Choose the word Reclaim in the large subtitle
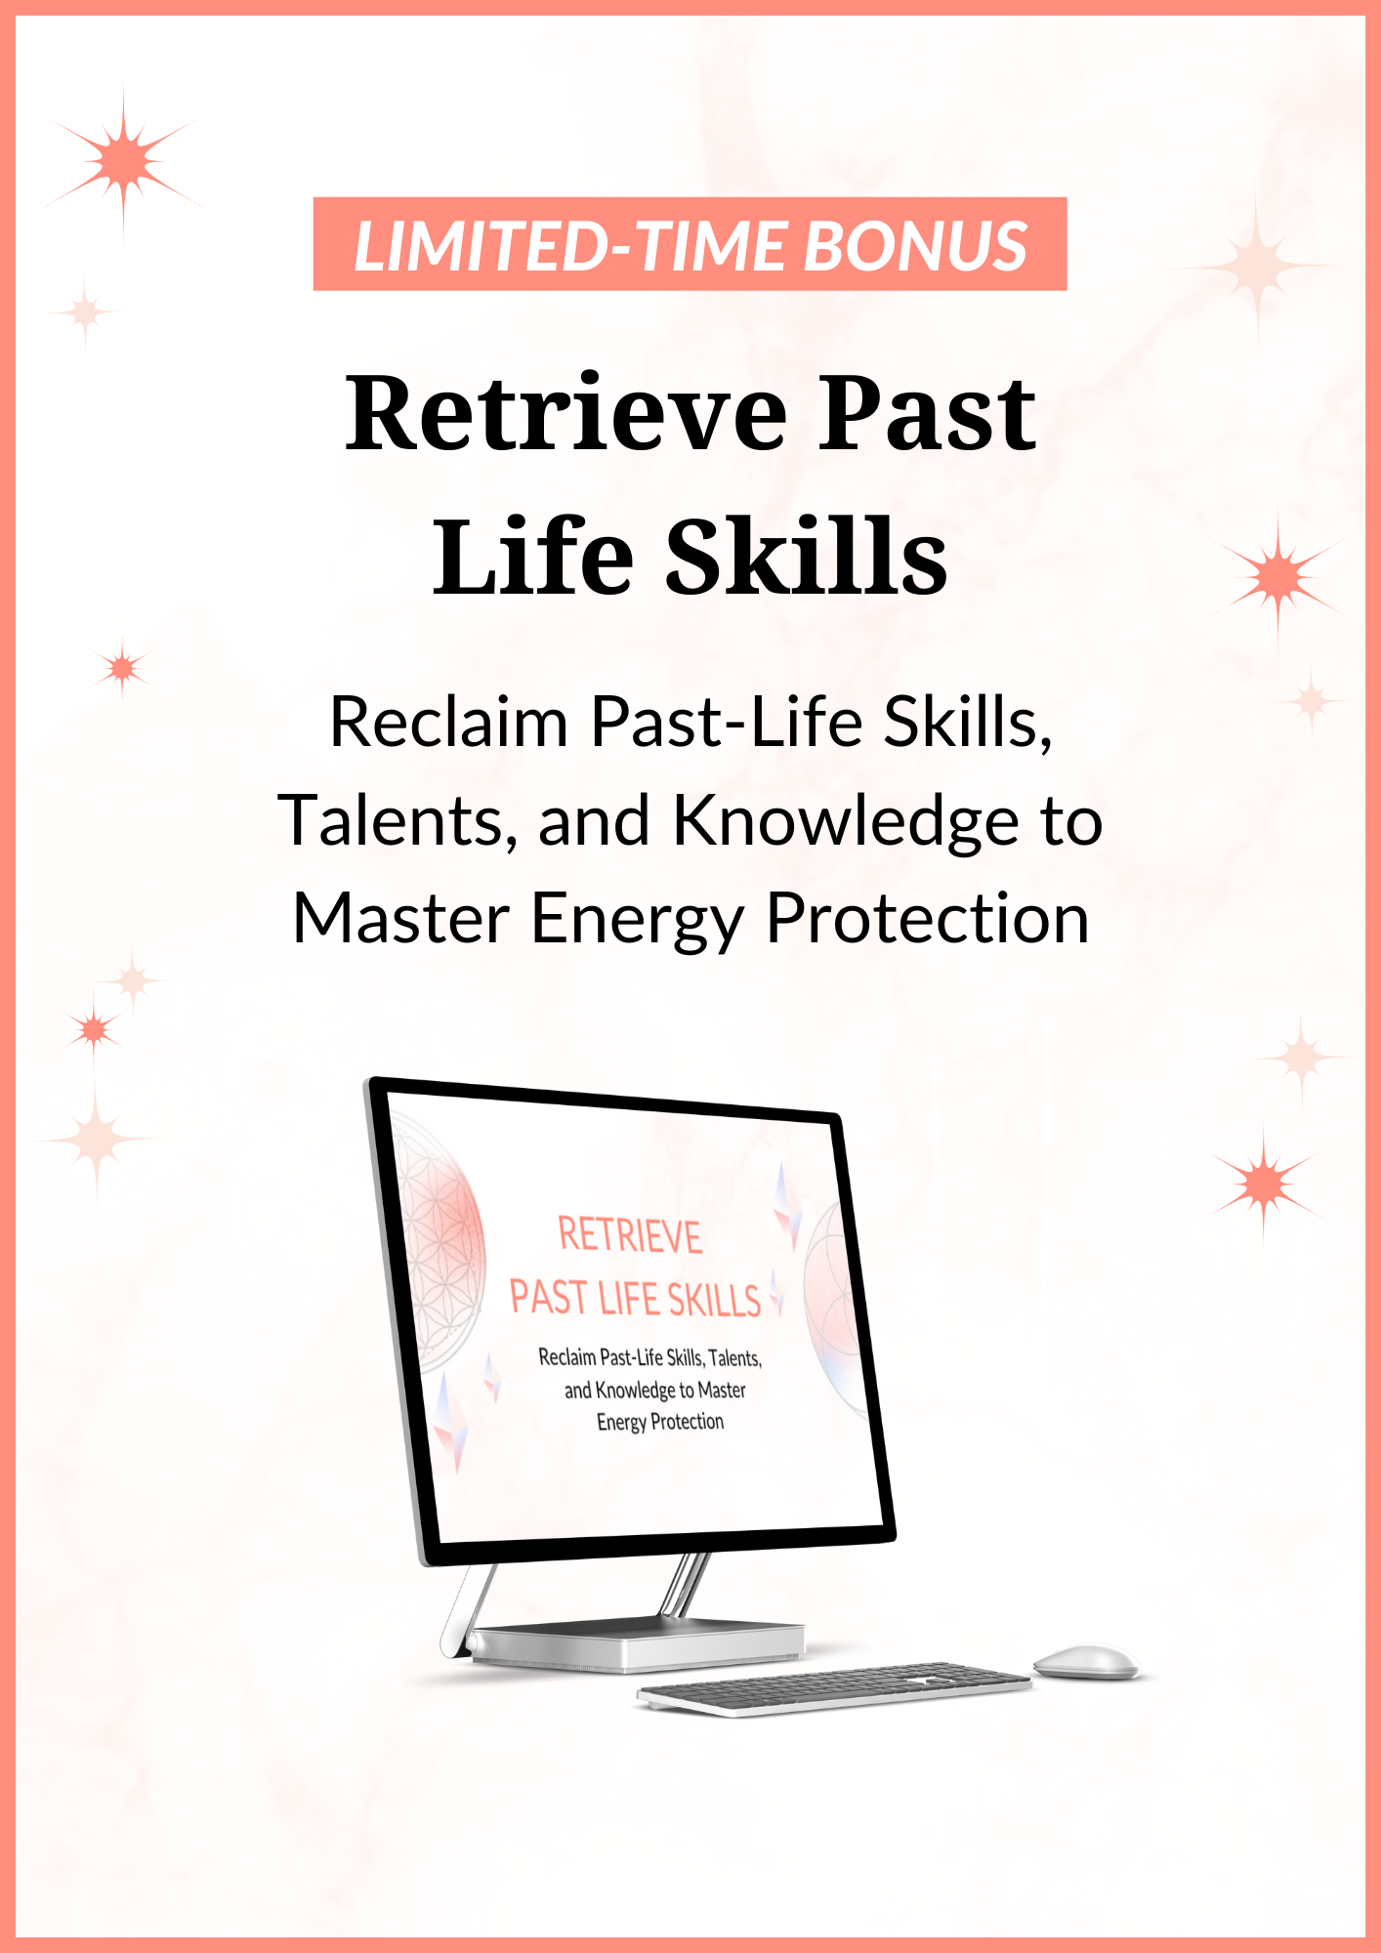point(449,723)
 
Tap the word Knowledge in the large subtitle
point(848,821)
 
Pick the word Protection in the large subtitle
point(927,920)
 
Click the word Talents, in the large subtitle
point(398,821)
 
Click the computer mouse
point(1086,1661)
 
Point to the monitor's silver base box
point(637,1646)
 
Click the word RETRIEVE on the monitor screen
point(630,1236)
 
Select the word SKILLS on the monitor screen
point(714,1301)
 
